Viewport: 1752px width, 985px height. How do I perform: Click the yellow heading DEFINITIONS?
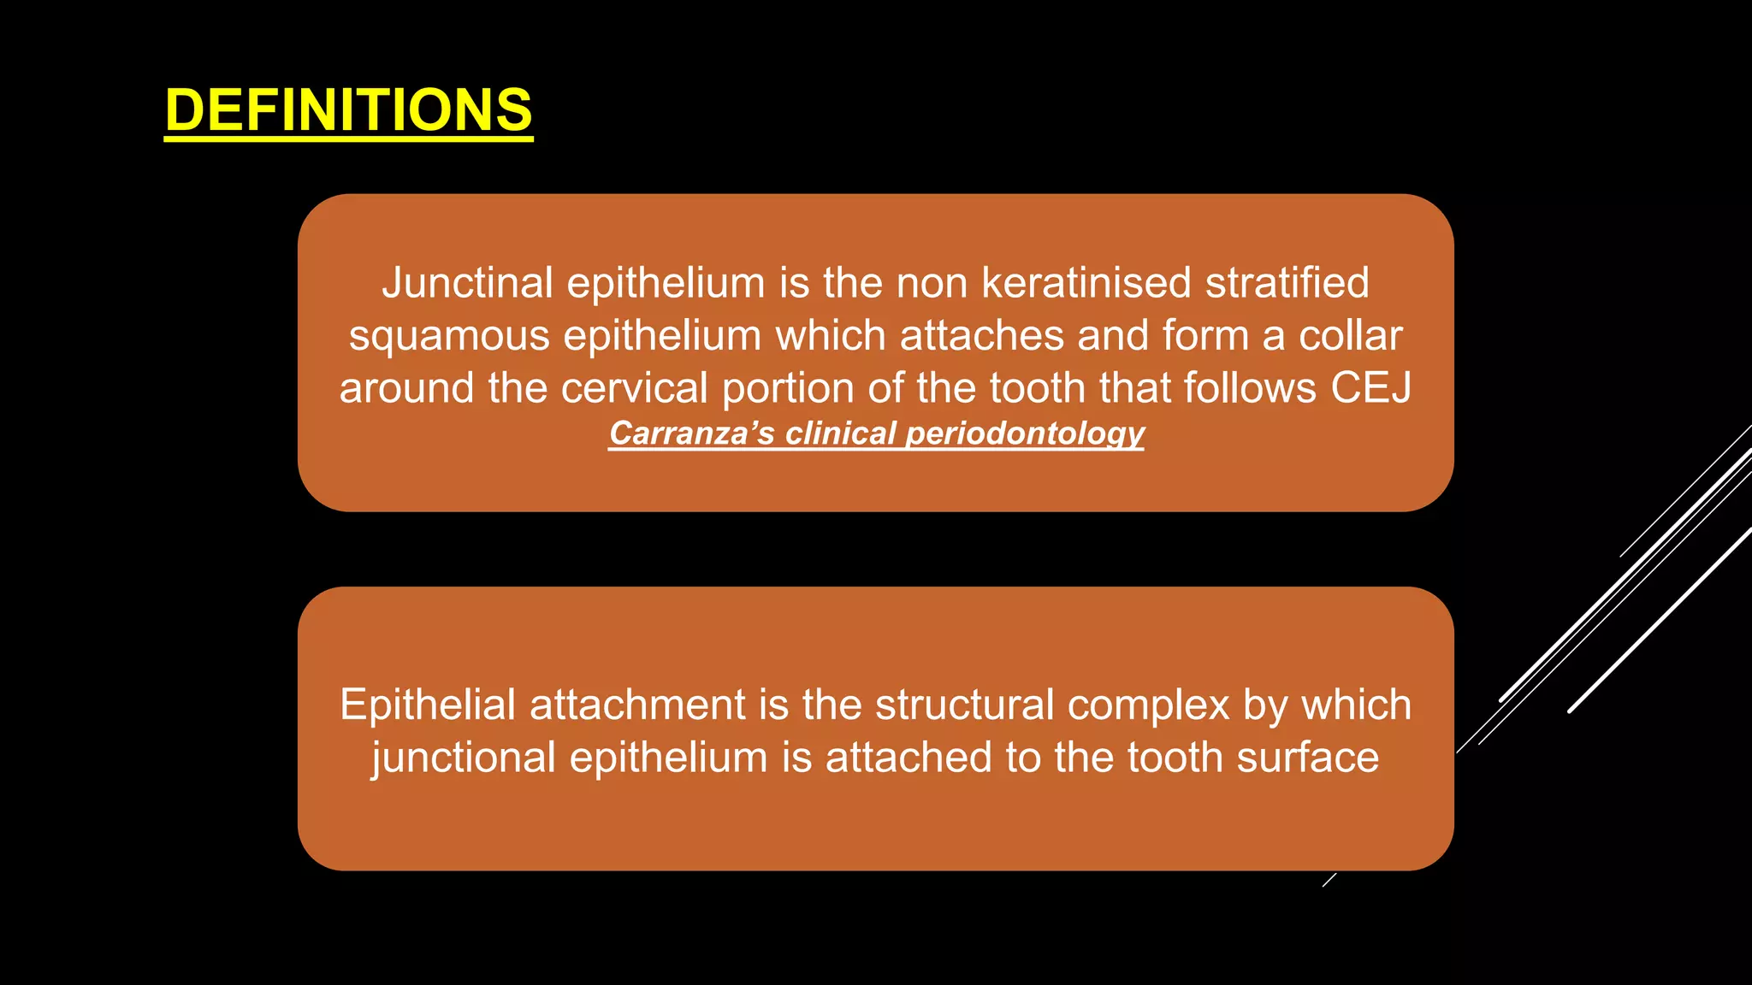point(348,110)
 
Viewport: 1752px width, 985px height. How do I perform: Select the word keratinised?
point(1086,283)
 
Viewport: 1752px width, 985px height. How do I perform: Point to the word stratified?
point(1287,283)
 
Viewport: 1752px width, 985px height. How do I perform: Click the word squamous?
point(449,337)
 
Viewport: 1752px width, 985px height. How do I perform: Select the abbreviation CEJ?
point(1370,388)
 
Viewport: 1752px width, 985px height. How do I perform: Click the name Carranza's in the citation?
point(691,434)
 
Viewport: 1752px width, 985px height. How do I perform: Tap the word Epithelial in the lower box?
point(428,705)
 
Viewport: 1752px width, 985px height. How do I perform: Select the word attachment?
point(637,705)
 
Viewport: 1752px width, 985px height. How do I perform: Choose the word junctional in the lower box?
point(463,758)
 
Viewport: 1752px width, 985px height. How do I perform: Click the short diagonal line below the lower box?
point(1329,880)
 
